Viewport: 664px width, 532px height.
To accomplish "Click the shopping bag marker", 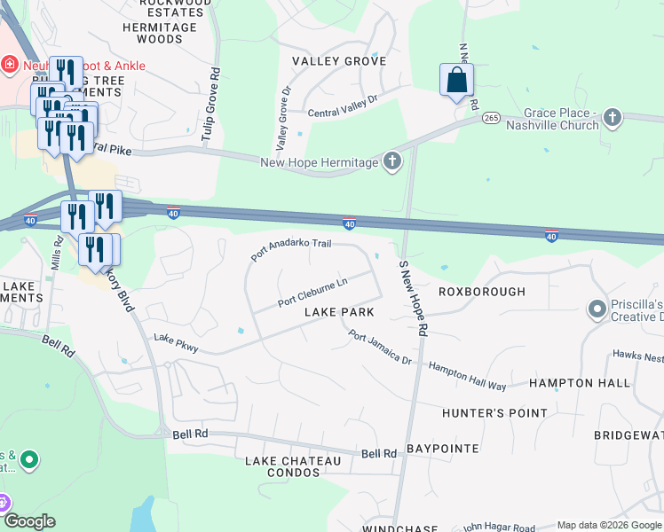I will [455, 81].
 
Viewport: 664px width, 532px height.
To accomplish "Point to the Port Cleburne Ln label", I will [312, 292].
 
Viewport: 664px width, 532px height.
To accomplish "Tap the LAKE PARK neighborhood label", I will [338, 313].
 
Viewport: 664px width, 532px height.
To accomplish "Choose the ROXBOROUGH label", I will [482, 292].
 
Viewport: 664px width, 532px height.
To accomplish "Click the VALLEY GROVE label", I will [339, 61].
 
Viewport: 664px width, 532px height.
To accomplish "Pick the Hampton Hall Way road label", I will [467, 376].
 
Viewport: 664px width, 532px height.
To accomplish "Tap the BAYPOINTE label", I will [443, 450].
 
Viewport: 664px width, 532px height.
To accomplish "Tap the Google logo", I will [29, 521].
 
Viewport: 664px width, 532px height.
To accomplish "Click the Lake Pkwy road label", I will [176, 343].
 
